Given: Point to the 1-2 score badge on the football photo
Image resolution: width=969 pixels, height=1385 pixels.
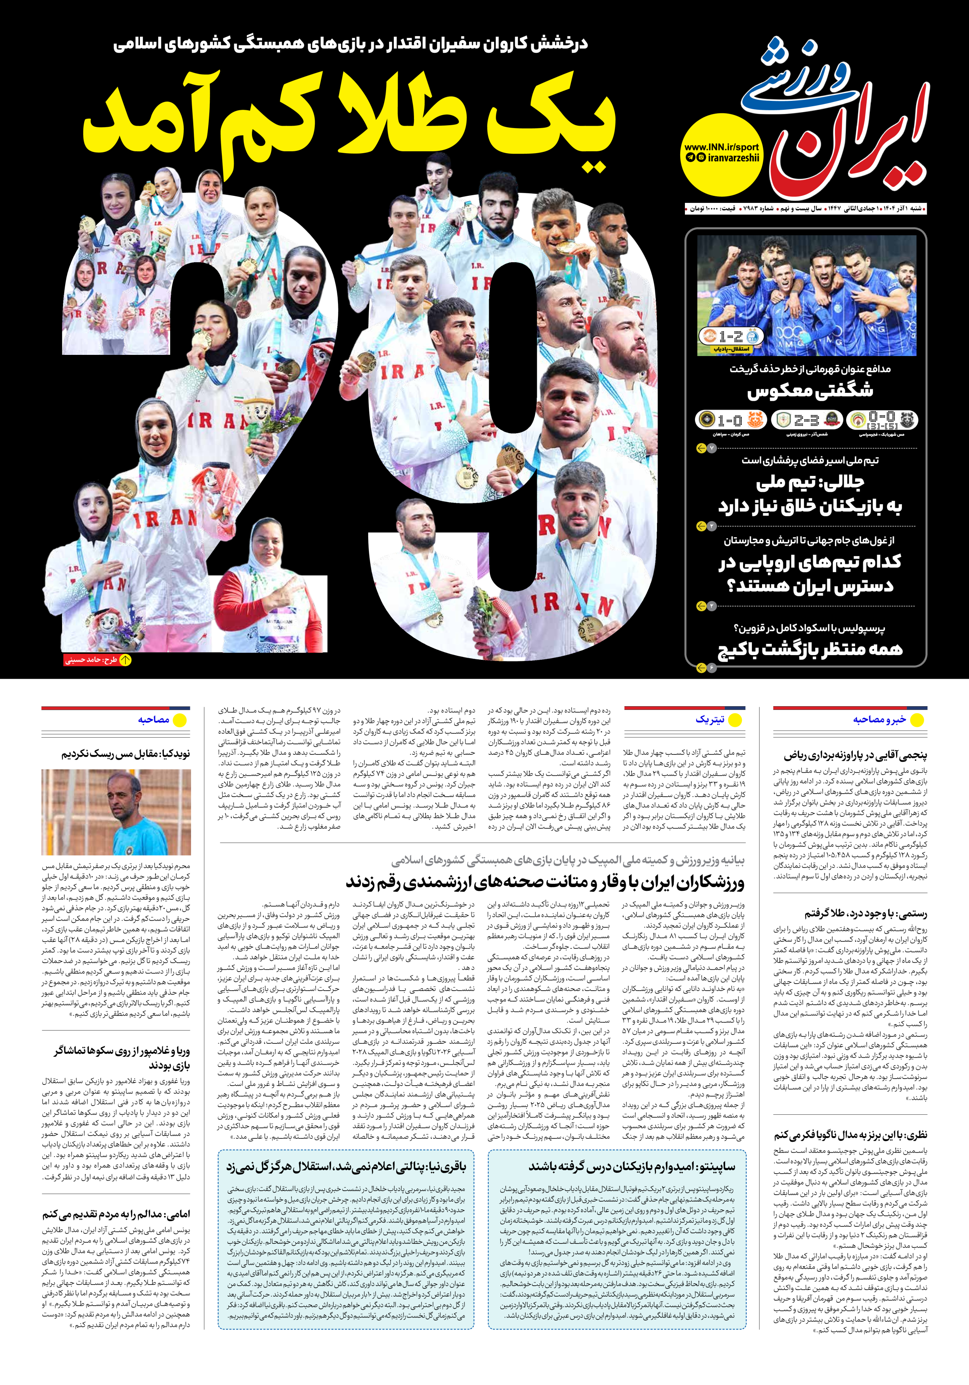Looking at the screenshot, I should click(730, 337).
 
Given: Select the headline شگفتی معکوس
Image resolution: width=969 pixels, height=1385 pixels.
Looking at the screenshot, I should click(810, 391).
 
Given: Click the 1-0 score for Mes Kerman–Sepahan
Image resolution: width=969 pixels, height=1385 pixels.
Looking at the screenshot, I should click(729, 419).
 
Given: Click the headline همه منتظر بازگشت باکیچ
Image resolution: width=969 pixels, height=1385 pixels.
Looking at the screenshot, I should click(810, 650).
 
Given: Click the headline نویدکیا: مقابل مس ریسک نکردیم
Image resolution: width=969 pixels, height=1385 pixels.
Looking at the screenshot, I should click(126, 754).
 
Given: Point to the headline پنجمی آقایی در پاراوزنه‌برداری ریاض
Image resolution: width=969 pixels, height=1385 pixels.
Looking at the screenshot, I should click(855, 755).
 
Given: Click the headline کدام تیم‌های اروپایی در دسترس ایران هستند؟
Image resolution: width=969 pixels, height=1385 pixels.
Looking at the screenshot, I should click(810, 574).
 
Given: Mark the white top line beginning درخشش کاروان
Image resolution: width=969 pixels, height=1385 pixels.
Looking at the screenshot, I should click(350, 45).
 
